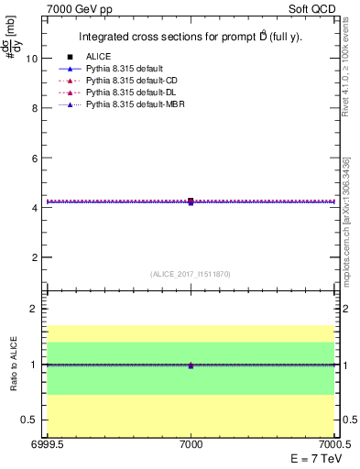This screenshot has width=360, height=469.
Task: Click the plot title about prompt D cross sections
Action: [190, 38]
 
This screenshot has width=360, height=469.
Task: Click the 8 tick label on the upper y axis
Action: [34, 108]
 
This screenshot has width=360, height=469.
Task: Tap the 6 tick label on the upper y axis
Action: [34, 158]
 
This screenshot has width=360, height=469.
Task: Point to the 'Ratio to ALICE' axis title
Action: [13, 364]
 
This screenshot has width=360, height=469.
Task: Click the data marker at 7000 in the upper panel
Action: [191, 201]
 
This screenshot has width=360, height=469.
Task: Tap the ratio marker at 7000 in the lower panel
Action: [191, 365]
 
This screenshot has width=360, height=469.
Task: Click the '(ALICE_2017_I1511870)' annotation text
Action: [190, 274]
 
